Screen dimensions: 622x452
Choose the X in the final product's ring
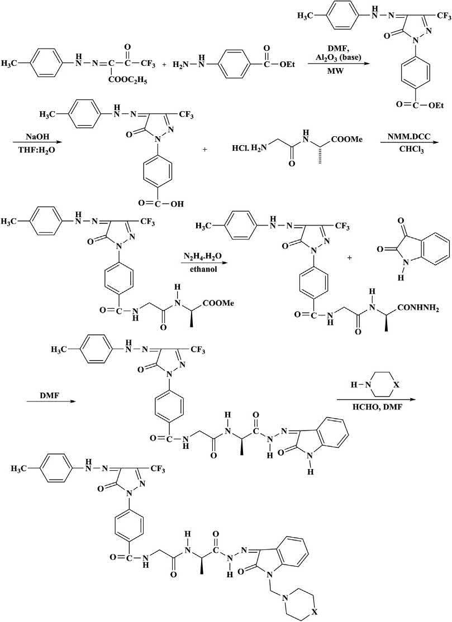316,611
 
